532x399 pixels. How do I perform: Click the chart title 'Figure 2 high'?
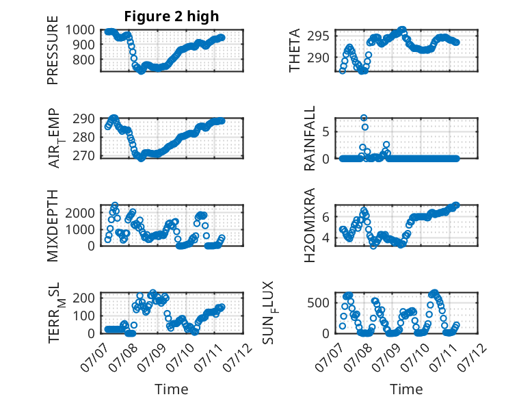(172, 16)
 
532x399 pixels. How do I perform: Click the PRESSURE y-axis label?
(53, 50)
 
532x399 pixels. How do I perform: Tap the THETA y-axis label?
(295, 50)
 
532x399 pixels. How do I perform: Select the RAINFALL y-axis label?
(310, 138)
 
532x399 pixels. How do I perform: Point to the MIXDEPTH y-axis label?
(53, 226)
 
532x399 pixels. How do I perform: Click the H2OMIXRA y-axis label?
(310, 225)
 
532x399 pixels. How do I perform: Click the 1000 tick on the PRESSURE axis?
(80, 30)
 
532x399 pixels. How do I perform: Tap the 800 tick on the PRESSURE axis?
(84, 60)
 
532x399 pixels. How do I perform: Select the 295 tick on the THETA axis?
(318, 36)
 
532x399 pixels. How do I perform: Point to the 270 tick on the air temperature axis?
(84, 155)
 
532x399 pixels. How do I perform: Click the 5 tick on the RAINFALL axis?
(326, 132)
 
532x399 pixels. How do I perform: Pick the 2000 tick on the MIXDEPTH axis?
(80, 213)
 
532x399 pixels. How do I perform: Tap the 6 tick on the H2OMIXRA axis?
(326, 217)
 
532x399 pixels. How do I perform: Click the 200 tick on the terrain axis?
(84, 298)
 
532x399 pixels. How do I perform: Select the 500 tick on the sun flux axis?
(318, 303)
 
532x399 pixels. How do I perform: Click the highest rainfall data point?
(364, 118)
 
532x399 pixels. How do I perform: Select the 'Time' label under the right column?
(406, 389)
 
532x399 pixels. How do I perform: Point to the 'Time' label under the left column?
(172, 389)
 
